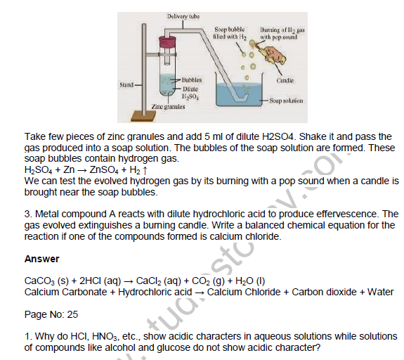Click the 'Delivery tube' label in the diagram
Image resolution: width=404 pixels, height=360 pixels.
pos(183,16)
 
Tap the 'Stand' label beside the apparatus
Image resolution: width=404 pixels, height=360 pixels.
pos(126,84)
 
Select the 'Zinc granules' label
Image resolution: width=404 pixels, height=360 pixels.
pos(168,106)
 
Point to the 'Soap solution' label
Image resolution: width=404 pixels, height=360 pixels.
pos(286,101)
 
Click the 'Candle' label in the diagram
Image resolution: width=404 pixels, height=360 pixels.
pos(285,80)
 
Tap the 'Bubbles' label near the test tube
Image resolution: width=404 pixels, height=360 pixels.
pos(192,80)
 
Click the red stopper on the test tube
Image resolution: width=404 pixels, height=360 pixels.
pos(167,41)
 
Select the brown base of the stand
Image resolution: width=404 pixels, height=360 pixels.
pos(143,116)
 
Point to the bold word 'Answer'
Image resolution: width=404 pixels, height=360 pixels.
pos(41,259)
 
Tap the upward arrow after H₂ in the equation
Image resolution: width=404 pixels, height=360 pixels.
pos(145,170)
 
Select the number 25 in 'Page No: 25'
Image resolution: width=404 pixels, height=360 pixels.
pos(72,314)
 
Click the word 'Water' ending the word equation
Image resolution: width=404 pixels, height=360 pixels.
pos(380,292)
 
